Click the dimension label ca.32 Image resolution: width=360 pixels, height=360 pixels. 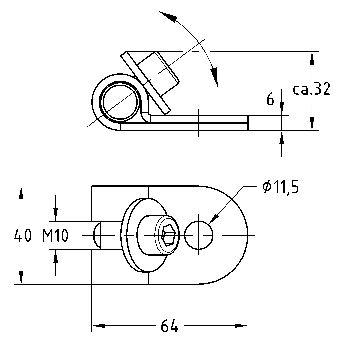click(x=311, y=89)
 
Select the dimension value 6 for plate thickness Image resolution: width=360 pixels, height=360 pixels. click(x=270, y=100)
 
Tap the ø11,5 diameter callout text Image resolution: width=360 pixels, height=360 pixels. click(x=280, y=188)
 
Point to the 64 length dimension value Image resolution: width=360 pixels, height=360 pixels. click(x=169, y=326)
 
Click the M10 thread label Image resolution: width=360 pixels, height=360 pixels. click(x=55, y=236)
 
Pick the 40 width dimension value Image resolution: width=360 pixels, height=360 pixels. click(x=23, y=236)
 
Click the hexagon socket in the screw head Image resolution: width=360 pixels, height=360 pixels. click(x=167, y=235)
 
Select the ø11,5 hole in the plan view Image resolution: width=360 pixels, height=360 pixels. click(x=199, y=235)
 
